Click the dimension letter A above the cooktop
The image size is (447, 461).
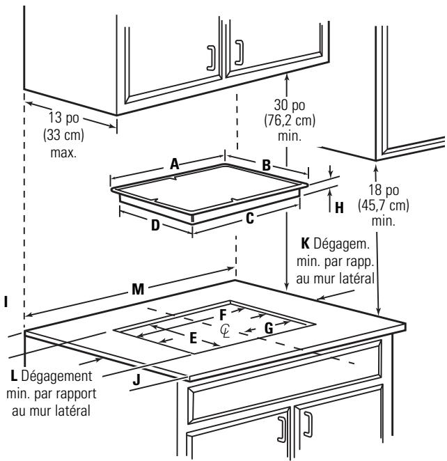175,164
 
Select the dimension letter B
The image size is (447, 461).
266,165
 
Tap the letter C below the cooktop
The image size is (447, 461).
250,219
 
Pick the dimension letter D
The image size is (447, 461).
155,226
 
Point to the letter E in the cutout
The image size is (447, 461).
193,338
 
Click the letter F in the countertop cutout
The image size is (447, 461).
223,315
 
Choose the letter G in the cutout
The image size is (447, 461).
269,329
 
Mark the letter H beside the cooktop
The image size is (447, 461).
339,208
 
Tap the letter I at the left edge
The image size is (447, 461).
6,302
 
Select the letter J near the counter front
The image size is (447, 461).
136,380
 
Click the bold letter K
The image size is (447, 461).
305,244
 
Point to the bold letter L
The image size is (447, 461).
14,376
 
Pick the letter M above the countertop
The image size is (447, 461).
138,289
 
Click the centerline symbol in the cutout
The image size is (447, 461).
225,331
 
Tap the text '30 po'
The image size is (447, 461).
290,105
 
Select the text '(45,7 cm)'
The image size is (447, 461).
384,205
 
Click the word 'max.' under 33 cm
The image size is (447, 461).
63,153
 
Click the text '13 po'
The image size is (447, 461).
64,118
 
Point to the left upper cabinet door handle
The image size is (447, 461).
211,58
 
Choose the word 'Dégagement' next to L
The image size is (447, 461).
56,376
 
